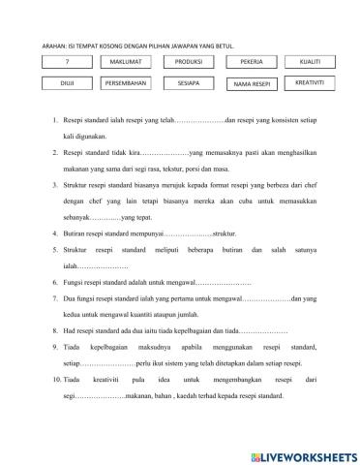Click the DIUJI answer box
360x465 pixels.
pos(67,83)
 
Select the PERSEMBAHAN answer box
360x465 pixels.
pos(125,83)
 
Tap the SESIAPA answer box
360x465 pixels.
pos(188,83)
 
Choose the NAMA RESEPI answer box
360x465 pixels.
pos(252,84)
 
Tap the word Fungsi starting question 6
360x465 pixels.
pos(76,280)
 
